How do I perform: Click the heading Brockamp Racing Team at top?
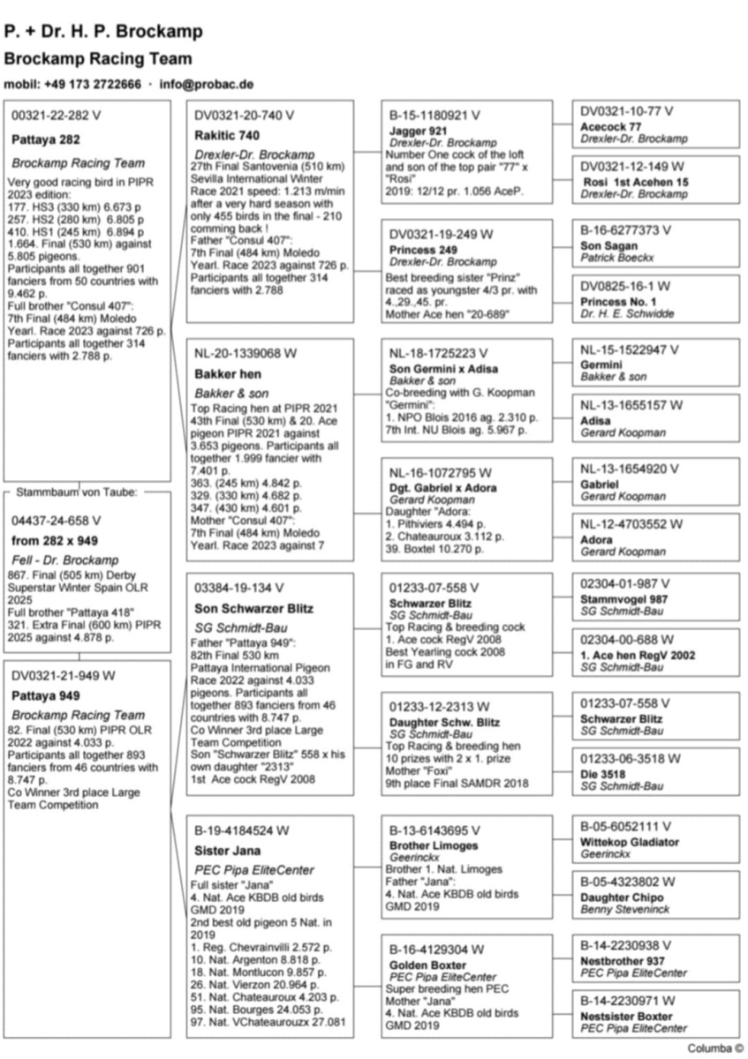[97, 59]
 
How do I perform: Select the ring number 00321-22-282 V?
[57, 116]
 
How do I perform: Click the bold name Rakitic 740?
[227, 135]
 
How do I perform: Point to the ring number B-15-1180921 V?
[434, 116]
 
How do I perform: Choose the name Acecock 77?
[611, 126]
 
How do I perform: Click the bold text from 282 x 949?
[55, 540]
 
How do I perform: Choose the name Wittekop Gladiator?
[630, 843]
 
